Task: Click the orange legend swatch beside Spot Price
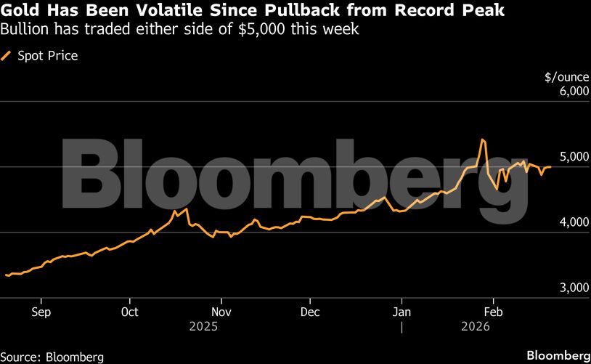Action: (x=8, y=56)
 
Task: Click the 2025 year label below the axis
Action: (x=203, y=327)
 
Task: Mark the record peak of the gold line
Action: (x=482, y=139)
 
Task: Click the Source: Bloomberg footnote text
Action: (x=52, y=357)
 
